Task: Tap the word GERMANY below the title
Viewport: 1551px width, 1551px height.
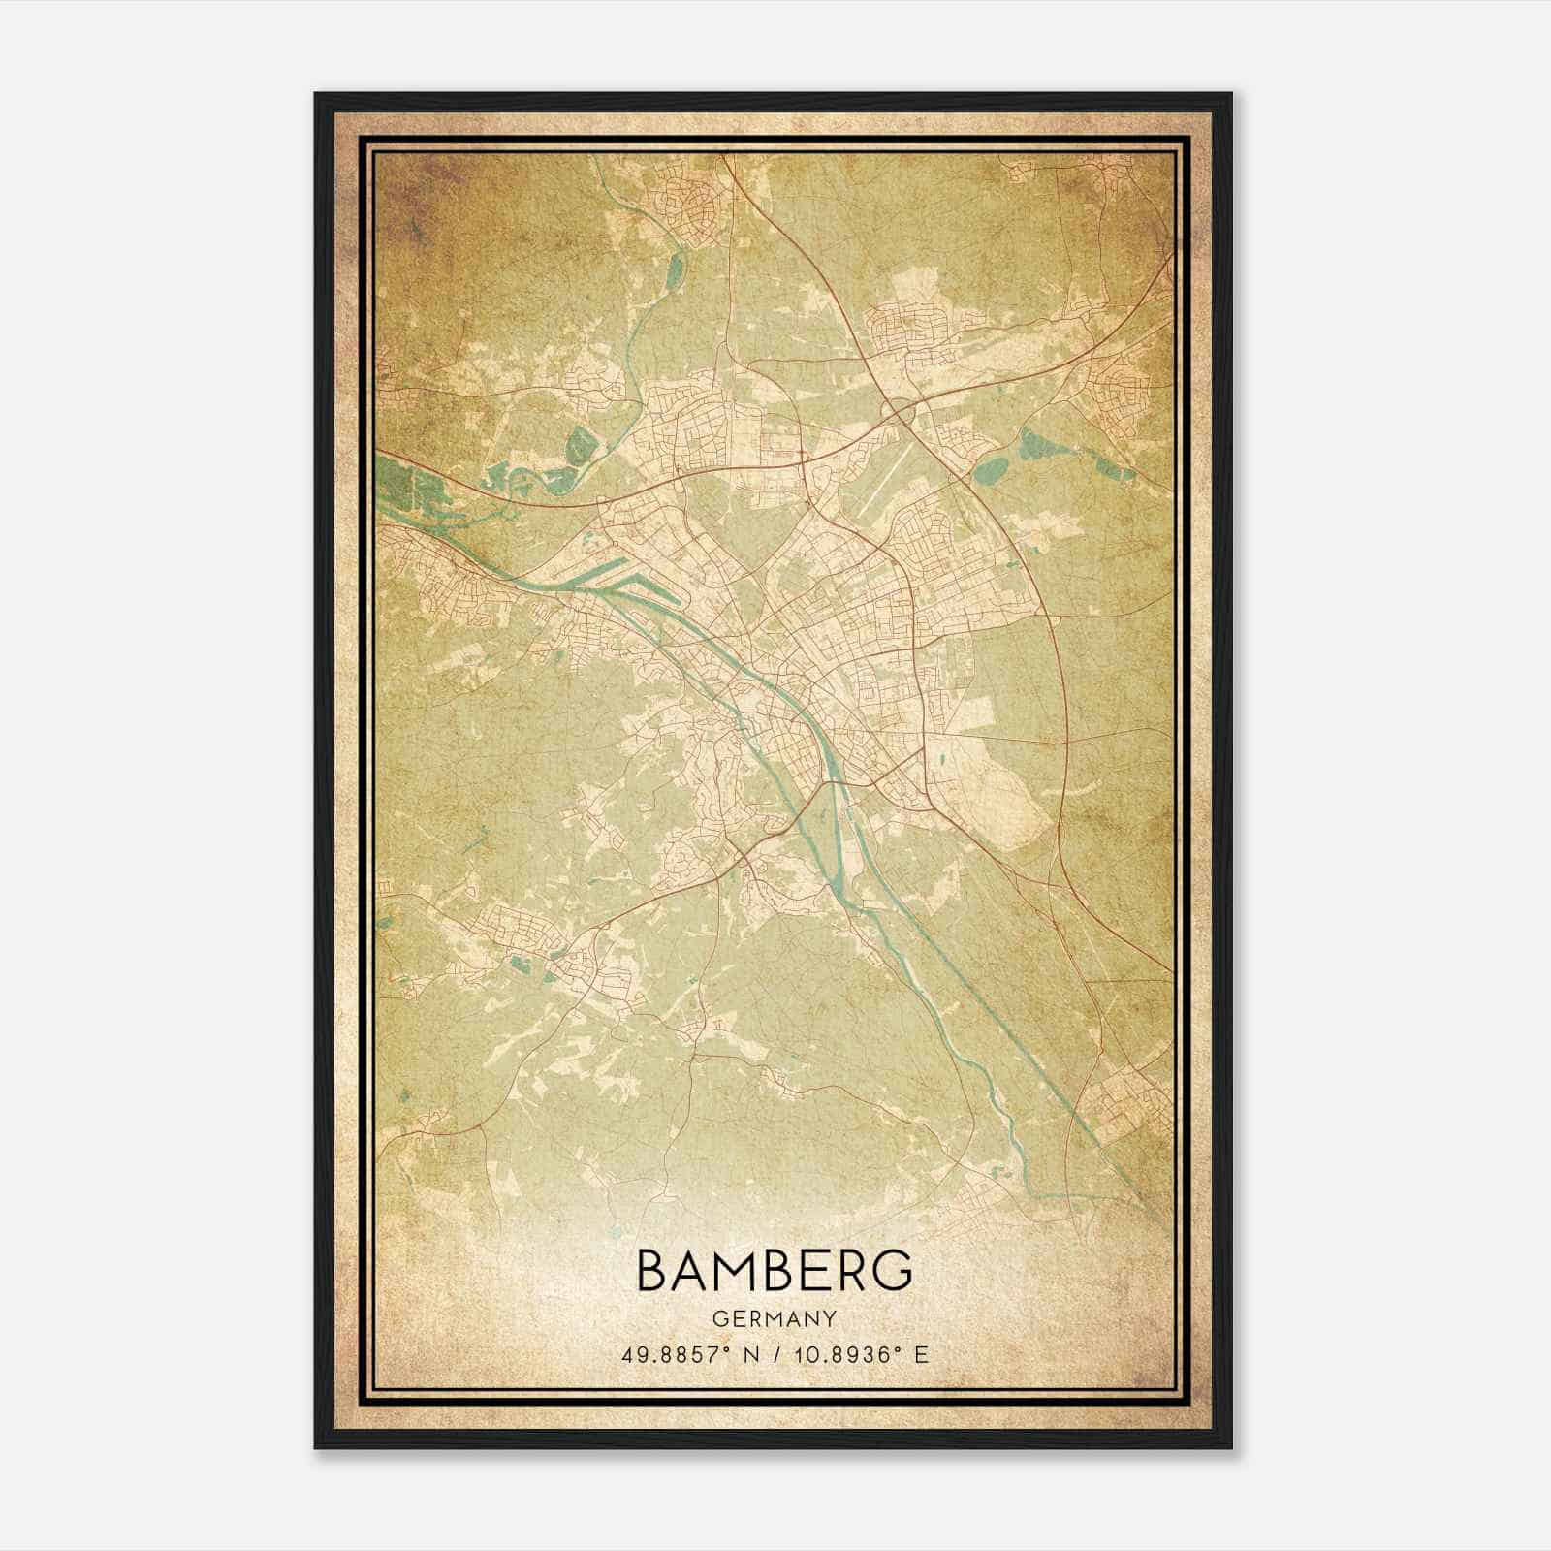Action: [x=775, y=1318]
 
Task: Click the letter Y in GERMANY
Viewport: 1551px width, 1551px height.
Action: [x=830, y=1318]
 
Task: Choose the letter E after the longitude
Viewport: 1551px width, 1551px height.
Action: [x=921, y=1354]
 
